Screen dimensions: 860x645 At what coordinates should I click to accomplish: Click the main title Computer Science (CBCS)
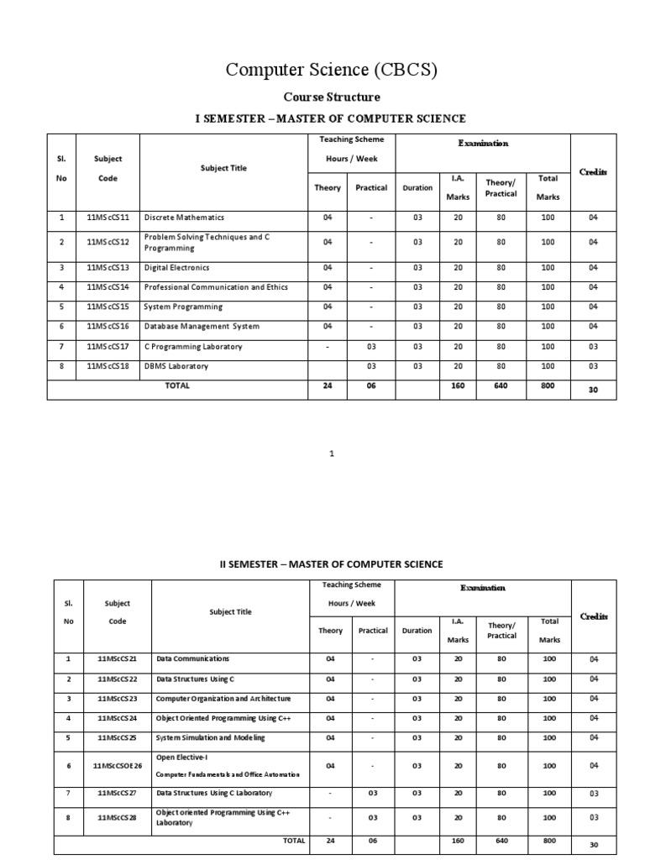pos(331,71)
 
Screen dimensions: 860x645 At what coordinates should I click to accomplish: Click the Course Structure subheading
pos(330,97)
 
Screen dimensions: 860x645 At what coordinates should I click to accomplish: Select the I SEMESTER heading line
pos(330,119)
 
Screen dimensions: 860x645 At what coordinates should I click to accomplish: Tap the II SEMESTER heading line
pos(325,564)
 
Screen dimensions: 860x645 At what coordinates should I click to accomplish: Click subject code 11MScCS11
pos(107,218)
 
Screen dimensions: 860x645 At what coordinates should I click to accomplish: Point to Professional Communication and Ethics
pos(216,287)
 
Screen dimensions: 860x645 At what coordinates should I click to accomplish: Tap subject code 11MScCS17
pos(107,346)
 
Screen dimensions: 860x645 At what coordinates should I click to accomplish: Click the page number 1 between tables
pos(332,454)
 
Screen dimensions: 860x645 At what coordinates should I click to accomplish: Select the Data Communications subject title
pos(192,658)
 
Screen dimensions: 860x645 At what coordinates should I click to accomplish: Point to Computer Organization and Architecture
pos(223,698)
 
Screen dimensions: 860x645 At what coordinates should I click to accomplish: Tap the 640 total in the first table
pos(501,385)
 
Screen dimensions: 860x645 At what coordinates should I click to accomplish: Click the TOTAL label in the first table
pos(178,385)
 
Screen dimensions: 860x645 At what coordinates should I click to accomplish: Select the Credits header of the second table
pos(593,616)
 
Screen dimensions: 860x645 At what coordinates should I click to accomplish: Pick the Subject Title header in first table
pos(223,168)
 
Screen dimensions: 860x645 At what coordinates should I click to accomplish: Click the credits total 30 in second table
pos(593,845)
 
